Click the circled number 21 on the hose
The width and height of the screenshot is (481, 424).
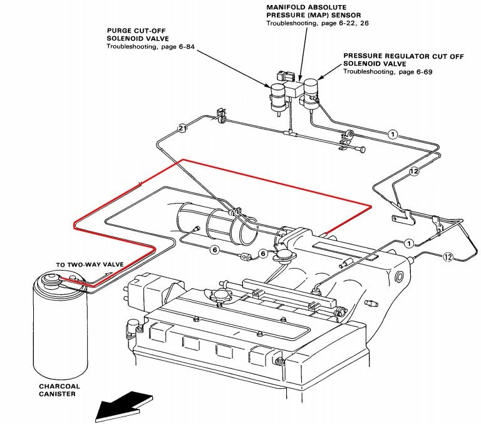click(x=182, y=128)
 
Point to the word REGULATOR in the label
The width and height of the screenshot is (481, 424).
click(x=403, y=56)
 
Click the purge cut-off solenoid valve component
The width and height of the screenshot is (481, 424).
click(x=277, y=97)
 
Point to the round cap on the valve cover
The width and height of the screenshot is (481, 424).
click(x=220, y=295)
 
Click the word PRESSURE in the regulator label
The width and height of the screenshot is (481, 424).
click(x=364, y=56)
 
